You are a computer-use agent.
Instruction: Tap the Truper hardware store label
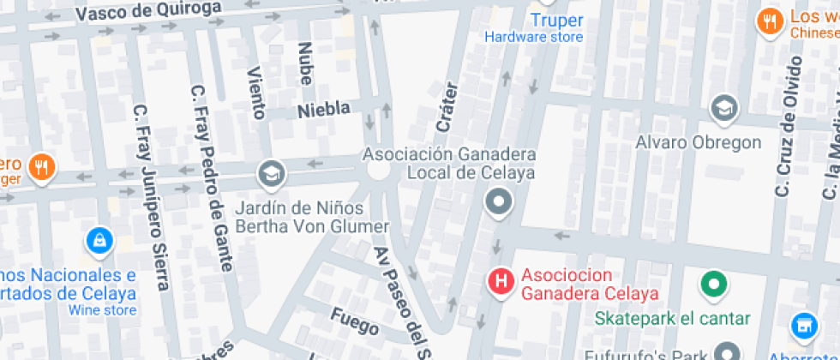556,21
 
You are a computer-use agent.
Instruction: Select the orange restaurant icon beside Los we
769,22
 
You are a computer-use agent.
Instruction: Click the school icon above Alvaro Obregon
724,109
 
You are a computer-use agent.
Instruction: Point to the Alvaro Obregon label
698,142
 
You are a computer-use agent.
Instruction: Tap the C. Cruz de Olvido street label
788,128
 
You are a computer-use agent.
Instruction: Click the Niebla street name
323,110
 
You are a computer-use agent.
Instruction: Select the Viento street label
256,91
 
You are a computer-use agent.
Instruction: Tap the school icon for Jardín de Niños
272,174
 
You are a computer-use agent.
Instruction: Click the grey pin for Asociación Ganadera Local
498,203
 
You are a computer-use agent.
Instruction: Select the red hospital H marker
501,280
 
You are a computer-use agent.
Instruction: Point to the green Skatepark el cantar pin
712,283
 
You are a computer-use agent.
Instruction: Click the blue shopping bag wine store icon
99,241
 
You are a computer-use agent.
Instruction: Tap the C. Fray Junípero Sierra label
149,197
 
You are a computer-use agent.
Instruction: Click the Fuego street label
354,321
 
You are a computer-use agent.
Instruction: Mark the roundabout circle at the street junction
379,170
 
